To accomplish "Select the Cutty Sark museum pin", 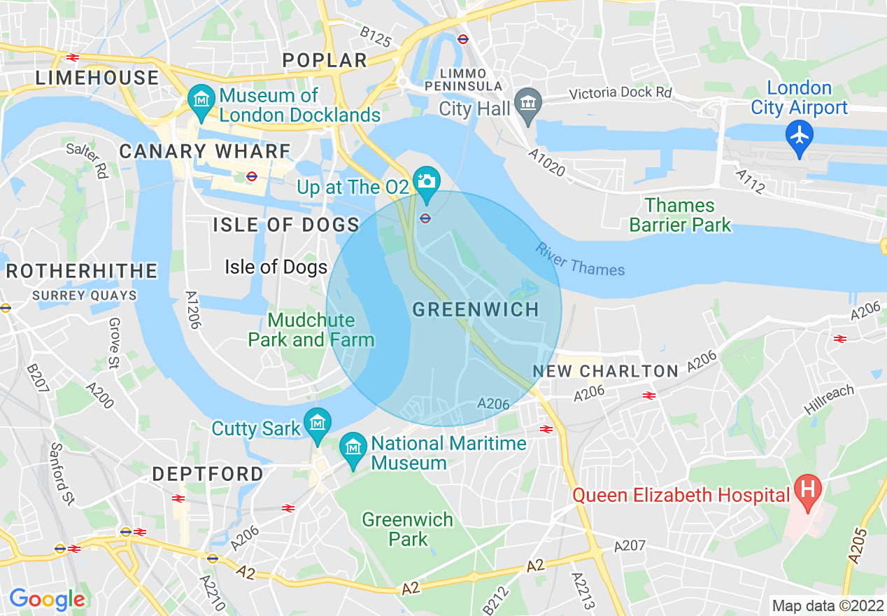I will (x=318, y=423).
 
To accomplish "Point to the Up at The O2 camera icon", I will (x=425, y=181).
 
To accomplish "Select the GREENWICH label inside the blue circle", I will (x=476, y=309).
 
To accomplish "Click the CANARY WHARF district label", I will (x=205, y=151).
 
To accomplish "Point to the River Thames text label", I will (x=580, y=259).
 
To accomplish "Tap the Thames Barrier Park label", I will (x=680, y=215).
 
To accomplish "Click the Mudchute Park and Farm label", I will (x=311, y=330).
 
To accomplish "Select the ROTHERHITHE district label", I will (x=81, y=271).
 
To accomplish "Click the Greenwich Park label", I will (x=408, y=529).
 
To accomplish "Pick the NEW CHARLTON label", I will (x=606, y=371).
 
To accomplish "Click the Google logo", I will (x=47, y=600).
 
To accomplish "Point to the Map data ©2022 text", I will (x=827, y=605).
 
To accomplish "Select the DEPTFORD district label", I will (x=208, y=474).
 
